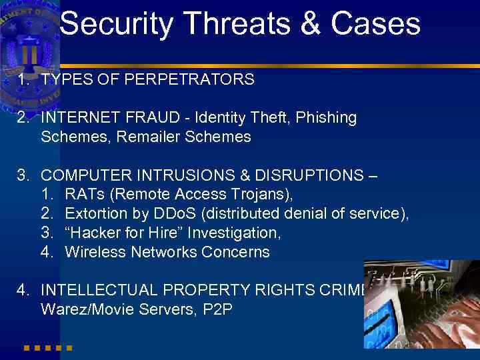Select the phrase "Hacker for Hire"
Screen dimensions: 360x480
(127, 233)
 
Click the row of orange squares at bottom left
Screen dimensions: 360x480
(47, 347)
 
